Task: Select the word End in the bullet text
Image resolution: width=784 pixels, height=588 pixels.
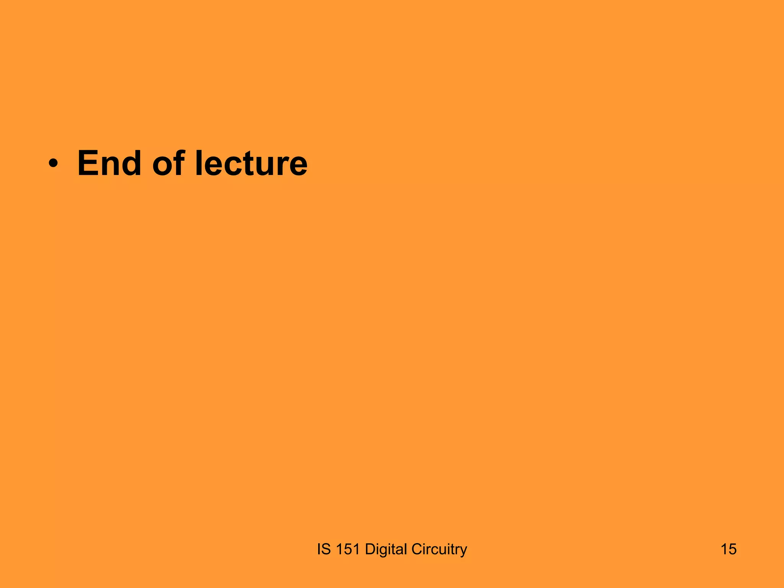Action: [109, 163]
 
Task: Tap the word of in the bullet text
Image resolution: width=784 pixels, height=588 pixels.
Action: [169, 163]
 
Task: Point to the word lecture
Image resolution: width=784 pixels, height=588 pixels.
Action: [251, 163]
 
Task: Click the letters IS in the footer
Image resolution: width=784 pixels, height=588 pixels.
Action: [323, 549]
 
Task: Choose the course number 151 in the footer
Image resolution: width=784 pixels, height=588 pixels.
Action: [348, 549]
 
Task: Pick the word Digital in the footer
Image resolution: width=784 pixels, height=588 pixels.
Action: [386, 549]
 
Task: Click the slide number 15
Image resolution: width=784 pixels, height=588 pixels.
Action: [728, 549]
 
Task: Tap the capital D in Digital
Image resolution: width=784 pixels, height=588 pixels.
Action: [370, 549]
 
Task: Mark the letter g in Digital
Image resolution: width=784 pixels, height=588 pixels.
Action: [384, 551]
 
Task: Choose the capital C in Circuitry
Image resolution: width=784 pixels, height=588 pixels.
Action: [416, 549]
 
